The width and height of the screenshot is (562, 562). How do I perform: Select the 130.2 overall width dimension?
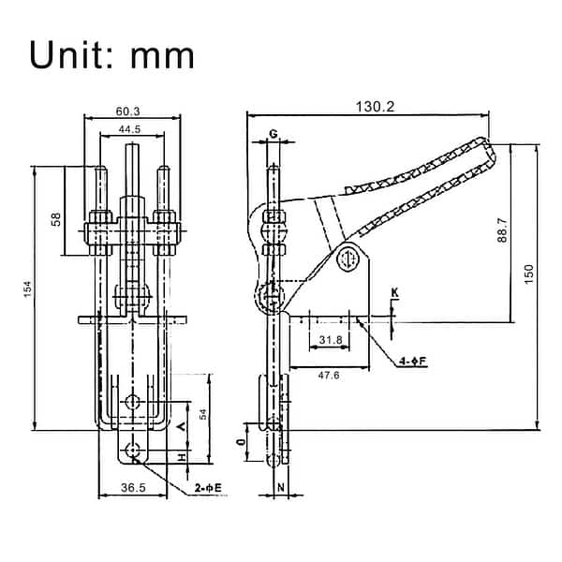coord(375,108)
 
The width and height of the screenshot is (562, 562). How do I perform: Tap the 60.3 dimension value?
coord(129,111)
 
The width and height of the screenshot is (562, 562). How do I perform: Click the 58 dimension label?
coord(56,219)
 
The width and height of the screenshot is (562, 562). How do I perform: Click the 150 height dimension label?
coord(529,273)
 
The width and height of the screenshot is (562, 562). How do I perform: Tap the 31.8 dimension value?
coord(330,340)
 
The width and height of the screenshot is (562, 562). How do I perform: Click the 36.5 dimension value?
coord(134,489)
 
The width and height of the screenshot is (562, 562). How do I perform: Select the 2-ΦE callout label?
coord(207,489)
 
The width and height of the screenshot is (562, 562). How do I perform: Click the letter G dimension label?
coord(273,134)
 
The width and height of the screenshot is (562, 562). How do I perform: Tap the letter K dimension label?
coord(394,294)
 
